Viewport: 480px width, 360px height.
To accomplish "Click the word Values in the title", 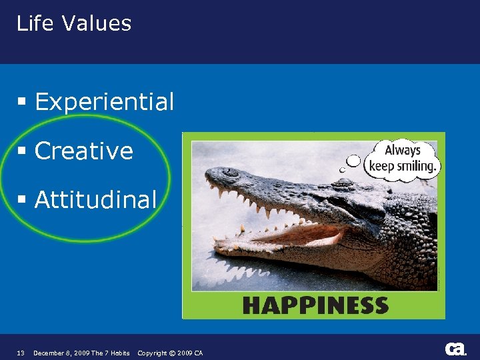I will pos(97,23).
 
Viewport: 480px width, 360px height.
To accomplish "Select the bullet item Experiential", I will pos(104,102).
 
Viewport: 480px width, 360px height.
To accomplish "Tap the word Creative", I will pos(84,151).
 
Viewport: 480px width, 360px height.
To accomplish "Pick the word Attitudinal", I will pos(95,199).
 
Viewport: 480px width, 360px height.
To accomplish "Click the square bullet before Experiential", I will pos(22,103).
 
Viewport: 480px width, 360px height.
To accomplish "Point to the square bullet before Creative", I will pos(22,151).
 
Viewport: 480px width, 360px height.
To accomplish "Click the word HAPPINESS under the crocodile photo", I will pos(315,306).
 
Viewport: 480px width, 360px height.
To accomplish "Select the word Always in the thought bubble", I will pos(403,150).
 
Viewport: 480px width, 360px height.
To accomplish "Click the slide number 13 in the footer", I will pos(20,353).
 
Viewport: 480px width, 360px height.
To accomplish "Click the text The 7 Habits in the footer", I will pos(111,353).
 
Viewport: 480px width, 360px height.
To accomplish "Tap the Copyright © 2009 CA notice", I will pos(170,353).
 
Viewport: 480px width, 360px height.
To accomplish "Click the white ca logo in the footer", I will pos(455,349).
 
